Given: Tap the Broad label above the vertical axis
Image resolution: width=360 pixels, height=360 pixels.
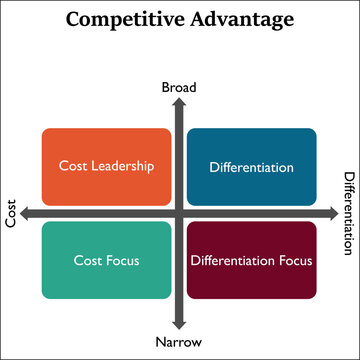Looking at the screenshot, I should (179, 88).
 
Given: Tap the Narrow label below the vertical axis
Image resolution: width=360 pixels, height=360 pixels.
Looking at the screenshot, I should (179, 342).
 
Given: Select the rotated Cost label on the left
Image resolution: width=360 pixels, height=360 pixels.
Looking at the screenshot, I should (12, 213).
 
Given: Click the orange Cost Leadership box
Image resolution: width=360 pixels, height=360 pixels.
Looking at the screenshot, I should (106, 166).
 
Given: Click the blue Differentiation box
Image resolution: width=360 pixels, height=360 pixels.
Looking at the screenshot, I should (252, 166).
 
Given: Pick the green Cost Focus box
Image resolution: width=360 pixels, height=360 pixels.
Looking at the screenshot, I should (106, 260).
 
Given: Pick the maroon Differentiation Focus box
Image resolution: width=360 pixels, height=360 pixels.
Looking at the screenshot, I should (252, 260).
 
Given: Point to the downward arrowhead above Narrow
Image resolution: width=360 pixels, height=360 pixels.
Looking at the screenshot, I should (179, 323).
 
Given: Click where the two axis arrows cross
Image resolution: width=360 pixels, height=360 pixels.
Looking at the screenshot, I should (179, 213).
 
